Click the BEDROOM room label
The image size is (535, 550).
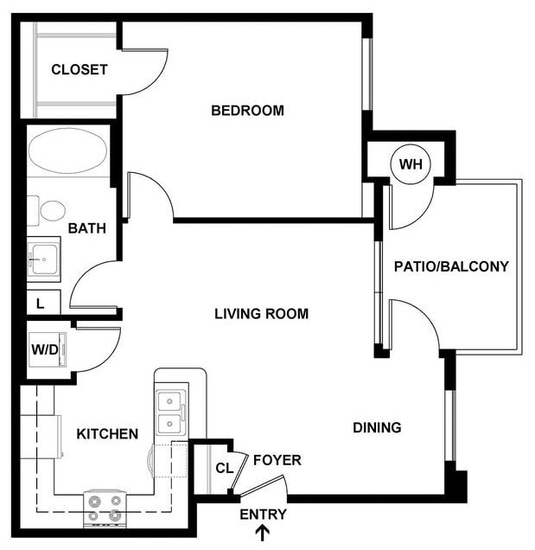click(x=247, y=111)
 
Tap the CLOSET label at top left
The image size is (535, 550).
click(x=79, y=70)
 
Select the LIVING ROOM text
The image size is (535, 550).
click(x=261, y=314)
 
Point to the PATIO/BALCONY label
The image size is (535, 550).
click(x=451, y=266)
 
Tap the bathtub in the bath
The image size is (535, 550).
click(x=67, y=151)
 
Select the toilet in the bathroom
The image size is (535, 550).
click(x=52, y=210)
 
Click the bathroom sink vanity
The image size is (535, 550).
click(x=43, y=258)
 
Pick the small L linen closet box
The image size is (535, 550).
click(x=41, y=303)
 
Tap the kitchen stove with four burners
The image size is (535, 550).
click(x=105, y=508)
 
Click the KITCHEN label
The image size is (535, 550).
click(x=107, y=434)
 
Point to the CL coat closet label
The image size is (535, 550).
click(x=223, y=470)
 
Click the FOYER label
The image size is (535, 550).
click(x=277, y=460)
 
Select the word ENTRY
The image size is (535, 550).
click(x=263, y=515)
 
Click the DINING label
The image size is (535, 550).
click(x=377, y=427)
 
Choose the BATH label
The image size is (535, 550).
click(x=87, y=229)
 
